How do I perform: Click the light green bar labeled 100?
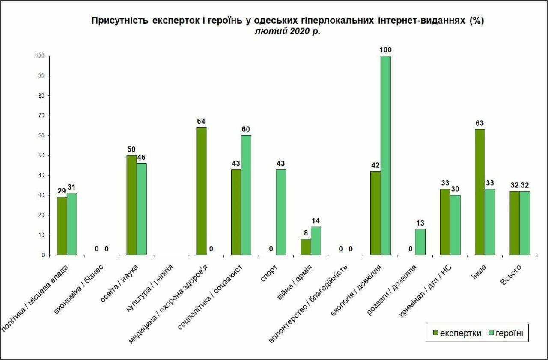385,155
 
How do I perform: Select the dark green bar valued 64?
201,191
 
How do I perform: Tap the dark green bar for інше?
479,192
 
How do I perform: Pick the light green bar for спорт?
281,212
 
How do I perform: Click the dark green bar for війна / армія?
306,247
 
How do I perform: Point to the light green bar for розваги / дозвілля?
420,242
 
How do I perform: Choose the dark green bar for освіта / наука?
131,205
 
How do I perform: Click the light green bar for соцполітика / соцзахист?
246,195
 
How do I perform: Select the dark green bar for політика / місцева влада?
62,226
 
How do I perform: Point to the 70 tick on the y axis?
42,116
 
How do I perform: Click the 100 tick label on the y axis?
40,56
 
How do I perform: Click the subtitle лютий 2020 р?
287,32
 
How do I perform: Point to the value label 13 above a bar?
420,223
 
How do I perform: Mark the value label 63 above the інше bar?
479,123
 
